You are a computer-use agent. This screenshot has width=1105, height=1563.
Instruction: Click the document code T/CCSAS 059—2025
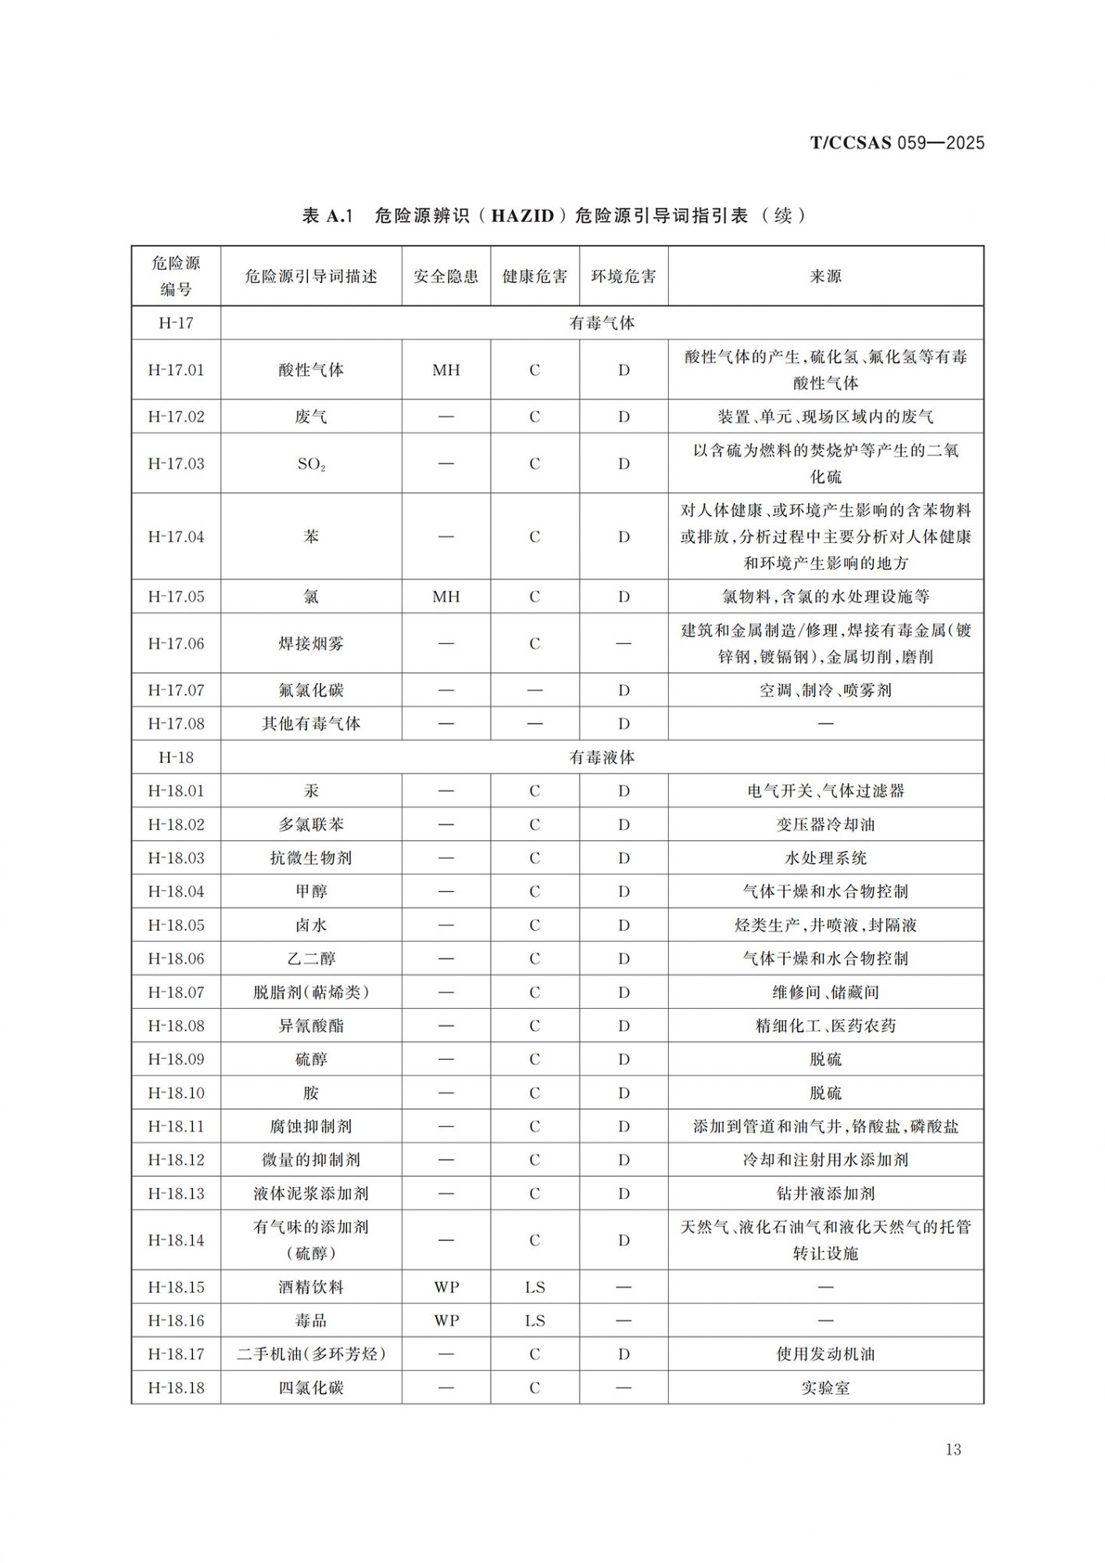coord(896,143)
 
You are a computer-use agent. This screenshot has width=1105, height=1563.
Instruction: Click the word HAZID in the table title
coord(522,216)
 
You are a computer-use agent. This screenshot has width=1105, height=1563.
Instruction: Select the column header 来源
coord(825,277)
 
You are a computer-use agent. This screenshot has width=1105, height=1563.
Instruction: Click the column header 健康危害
coord(535,277)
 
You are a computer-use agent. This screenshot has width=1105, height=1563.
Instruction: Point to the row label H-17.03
coord(176,463)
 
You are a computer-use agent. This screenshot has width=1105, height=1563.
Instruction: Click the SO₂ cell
coord(311,464)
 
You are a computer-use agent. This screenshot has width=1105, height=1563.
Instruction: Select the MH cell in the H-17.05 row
coord(446,596)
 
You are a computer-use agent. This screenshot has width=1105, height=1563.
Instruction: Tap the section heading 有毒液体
coord(602,757)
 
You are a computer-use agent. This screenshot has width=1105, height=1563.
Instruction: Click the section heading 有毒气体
coord(602,323)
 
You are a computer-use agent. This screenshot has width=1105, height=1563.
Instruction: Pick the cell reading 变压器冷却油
coord(825,824)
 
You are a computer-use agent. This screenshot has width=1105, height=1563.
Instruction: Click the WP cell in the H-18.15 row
coord(446,1287)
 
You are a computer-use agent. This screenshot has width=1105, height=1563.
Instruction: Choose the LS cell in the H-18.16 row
coord(535,1321)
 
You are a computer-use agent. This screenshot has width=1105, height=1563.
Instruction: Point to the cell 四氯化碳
coord(311,1388)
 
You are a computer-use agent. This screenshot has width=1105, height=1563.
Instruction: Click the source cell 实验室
coord(825,1388)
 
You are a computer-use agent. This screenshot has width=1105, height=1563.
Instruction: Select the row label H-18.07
coord(176,993)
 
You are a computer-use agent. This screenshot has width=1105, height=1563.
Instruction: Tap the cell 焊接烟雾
coord(311,643)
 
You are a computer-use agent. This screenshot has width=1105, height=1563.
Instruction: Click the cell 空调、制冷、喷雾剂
coord(825,690)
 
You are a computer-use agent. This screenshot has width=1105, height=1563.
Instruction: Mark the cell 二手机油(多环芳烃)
coord(311,1354)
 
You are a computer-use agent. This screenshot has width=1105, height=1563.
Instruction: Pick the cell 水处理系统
coord(825,858)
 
